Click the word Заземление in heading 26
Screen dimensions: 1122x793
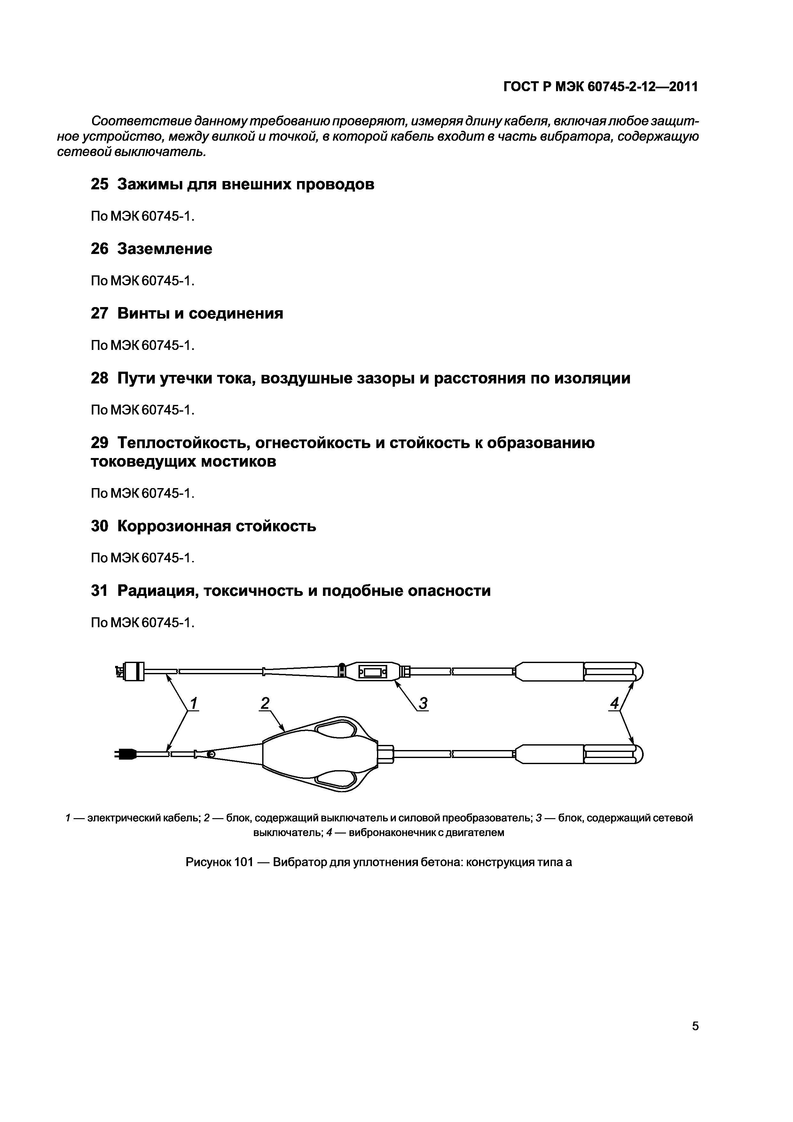[165, 249]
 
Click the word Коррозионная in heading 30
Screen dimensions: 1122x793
[173, 526]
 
